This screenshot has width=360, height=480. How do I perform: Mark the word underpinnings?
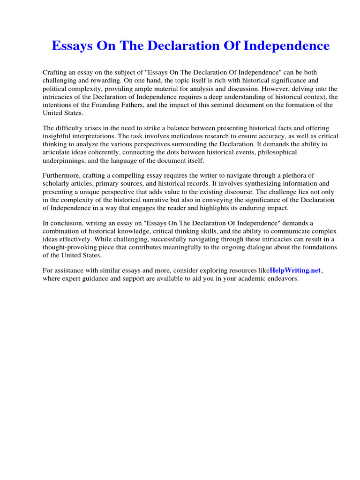tap(63, 160)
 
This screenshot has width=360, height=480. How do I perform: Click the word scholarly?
tap(57, 184)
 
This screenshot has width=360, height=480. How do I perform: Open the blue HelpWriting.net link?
tap(295, 270)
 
